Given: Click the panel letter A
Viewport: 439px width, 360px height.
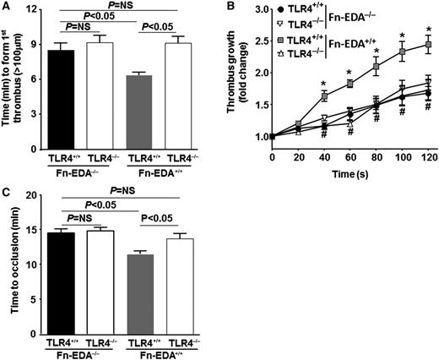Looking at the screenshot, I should point(6,8).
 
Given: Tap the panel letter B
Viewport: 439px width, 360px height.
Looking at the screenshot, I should point(225,8).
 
